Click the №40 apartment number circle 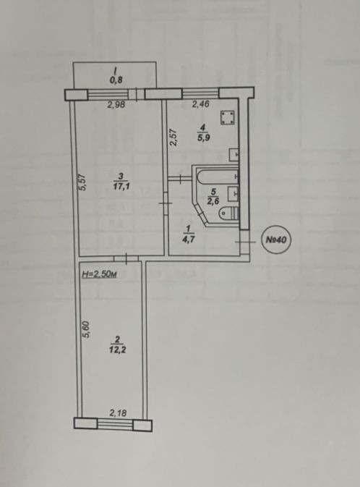[276, 240]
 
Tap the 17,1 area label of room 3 [121, 187]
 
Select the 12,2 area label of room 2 [117, 350]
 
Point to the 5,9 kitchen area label [203, 137]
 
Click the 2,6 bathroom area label [213, 201]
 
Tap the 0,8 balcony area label [116, 80]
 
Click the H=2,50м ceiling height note [99, 274]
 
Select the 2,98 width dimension [116, 105]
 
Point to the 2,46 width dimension [200, 104]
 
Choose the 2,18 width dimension [118, 412]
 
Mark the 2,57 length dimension [173, 137]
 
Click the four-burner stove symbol [227, 118]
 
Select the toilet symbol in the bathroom [228, 213]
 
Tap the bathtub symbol [218, 177]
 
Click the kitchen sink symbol [234, 154]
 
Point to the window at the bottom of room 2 [115, 423]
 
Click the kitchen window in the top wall [200, 93]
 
